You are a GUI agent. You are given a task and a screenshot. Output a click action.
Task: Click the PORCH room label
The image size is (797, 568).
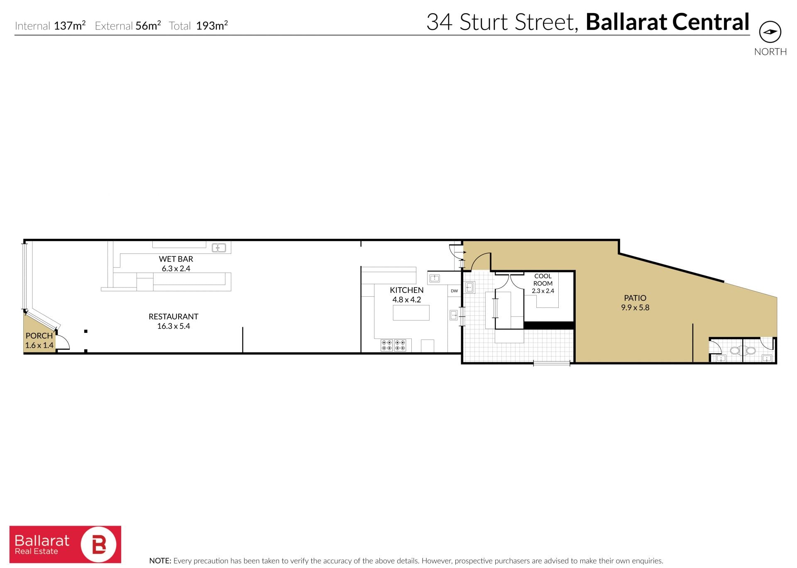[x=39, y=336]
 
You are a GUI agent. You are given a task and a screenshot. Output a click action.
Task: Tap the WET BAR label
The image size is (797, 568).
[x=176, y=259]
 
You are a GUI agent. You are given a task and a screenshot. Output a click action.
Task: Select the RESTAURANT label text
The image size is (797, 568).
[x=174, y=317]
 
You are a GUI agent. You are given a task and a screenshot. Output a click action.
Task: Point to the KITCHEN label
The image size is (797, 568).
[x=407, y=290]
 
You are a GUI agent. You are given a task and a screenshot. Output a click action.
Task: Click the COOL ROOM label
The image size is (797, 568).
[x=543, y=280]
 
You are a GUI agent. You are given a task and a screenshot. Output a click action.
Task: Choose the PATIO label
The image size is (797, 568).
[x=635, y=298]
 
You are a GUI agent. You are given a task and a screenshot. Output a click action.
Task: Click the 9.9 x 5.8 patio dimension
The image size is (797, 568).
[x=635, y=307]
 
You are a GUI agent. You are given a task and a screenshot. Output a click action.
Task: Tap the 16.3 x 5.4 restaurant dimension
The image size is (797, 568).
[x=174, y=326]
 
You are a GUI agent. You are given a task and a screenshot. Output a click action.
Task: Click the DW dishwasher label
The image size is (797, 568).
[x=455, y=291]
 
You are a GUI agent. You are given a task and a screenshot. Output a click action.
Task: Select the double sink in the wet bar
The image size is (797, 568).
[x=219, y=248]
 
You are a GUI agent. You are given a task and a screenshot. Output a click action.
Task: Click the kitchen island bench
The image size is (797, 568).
[x=411, y=312]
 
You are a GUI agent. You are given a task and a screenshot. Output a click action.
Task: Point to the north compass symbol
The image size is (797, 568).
[x=770, y=32]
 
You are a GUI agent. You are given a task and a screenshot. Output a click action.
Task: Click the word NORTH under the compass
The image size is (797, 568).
[x=770, y=52]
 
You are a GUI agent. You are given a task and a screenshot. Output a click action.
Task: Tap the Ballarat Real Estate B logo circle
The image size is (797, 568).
[x=99, y=545]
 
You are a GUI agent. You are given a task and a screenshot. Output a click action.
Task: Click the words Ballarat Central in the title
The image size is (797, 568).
[x=667, y=22]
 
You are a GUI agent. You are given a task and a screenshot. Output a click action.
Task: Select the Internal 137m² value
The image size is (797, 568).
[x=70, y=26]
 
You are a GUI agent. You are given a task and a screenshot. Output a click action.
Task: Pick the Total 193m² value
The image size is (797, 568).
[x=212, y=26]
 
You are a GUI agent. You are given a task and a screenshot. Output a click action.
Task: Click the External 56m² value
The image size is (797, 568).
[x=148, y=26]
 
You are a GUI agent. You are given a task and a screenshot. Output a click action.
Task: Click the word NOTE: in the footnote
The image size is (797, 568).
[x=160, y=561]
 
